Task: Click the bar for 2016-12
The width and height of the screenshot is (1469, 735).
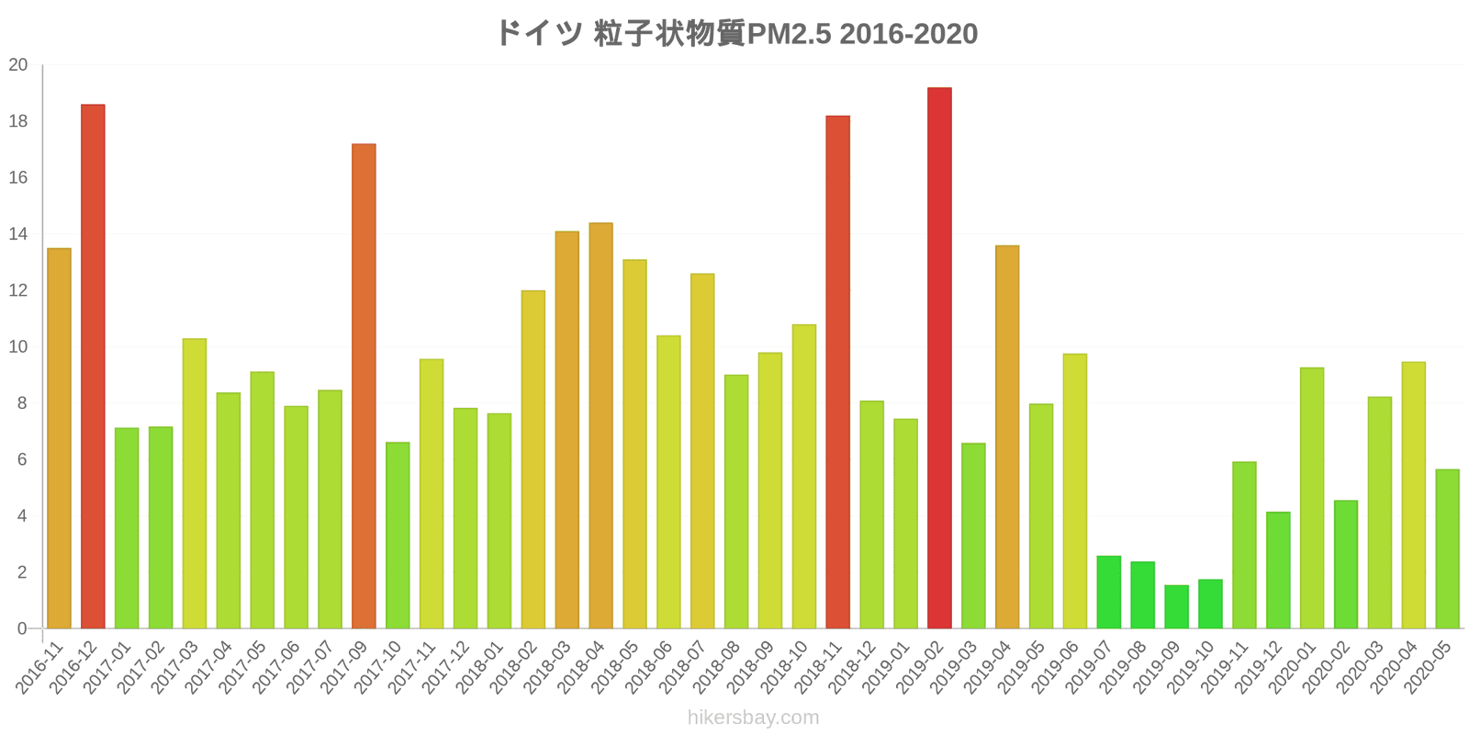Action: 93,367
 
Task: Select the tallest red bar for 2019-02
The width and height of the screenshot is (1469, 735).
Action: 940,357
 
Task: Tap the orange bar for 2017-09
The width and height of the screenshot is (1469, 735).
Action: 364,386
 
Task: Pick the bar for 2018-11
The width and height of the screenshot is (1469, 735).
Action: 838,372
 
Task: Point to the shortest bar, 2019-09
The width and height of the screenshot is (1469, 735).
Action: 1176,607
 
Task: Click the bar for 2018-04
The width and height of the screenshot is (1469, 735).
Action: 600,426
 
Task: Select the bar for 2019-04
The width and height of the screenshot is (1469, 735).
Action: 1007,437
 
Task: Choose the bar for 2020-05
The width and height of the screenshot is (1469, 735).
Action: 1447,548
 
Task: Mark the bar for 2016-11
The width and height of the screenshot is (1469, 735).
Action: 59,438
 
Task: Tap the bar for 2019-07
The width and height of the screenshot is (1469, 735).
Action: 1109,592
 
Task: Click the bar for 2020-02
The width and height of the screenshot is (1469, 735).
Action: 1346,564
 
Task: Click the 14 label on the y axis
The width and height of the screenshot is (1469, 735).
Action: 18,234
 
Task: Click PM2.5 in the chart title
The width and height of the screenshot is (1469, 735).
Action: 789,34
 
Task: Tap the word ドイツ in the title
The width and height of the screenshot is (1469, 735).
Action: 539,33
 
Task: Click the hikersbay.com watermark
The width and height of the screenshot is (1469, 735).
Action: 754,718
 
